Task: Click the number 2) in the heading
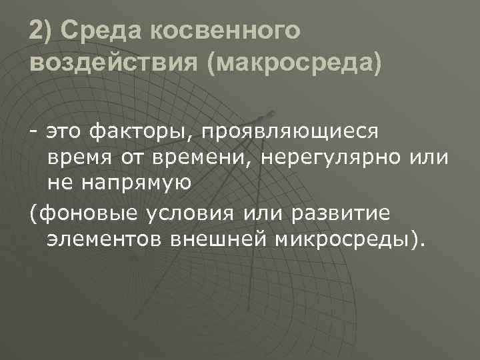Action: (x=41, y=31)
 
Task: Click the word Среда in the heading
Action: (x=99, y=31)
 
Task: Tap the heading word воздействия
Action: (x=113, y=65)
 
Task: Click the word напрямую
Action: (x=137, y=183)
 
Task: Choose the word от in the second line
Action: (x=130, y=158)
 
